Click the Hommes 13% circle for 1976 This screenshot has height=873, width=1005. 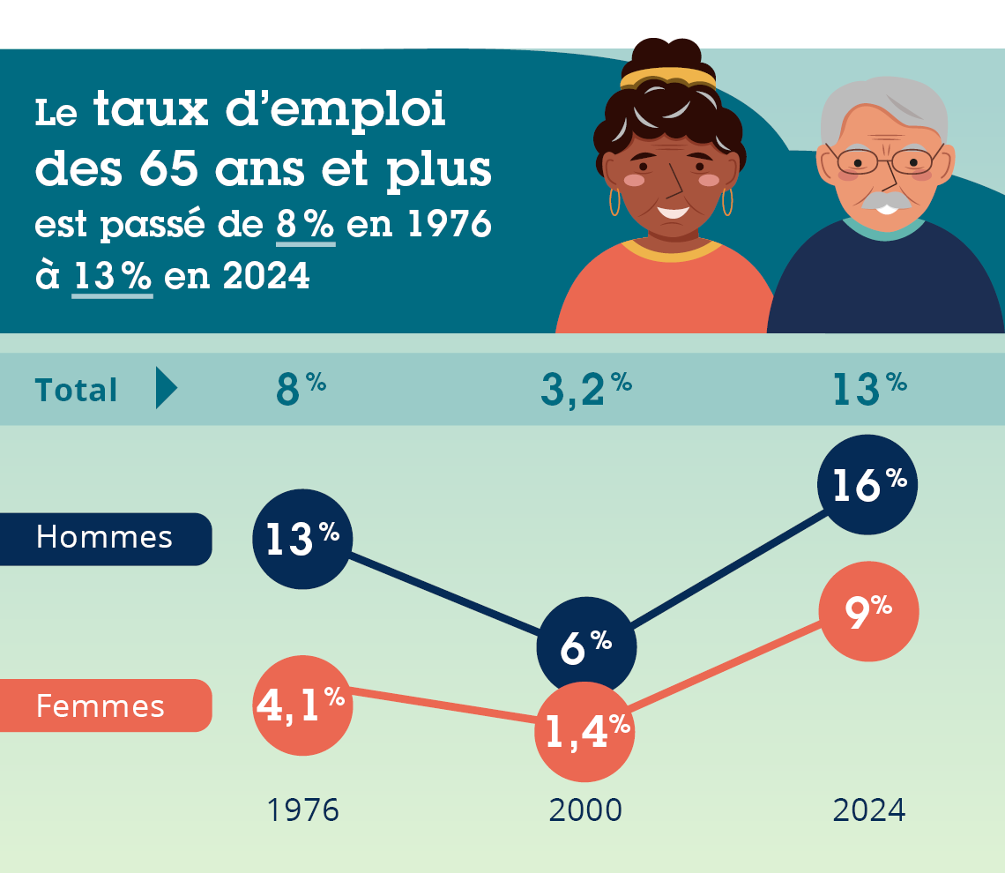coord(302,540)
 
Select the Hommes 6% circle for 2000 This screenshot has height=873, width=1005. coord(586,647)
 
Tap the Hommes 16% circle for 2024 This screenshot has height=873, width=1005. coord(868,485)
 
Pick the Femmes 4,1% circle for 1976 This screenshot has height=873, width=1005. coord(302,705)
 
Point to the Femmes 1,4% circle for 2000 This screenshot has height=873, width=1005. coord(585,732)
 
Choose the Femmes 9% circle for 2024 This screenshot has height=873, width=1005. coord(868,611)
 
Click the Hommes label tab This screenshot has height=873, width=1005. coord(105,538)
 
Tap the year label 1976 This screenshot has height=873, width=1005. coord(302,810)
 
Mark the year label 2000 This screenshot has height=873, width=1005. coord(585,810)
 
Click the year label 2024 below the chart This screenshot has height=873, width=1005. coord(869,810)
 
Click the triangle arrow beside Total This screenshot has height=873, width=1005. coord(165,389)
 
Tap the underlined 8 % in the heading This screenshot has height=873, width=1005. coord(305,226)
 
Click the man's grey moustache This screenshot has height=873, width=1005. coord(887,202)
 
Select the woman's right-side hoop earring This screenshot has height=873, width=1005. coord(727,201)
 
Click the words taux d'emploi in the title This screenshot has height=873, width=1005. coord(269,112)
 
